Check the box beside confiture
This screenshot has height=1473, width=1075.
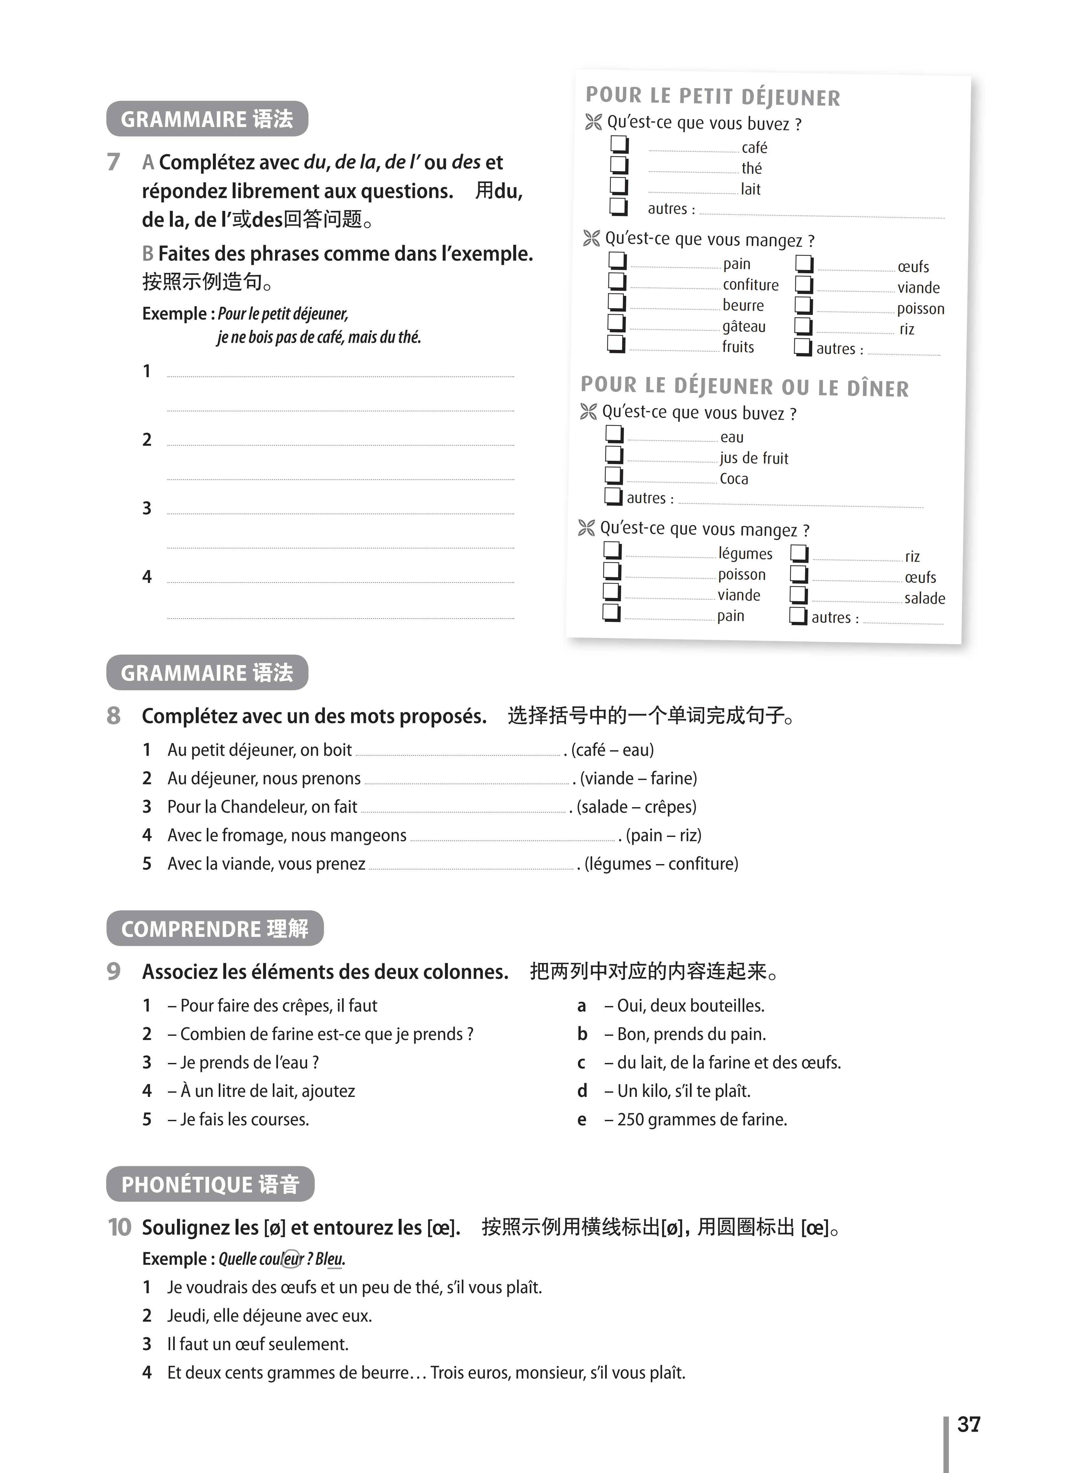tap(616, 282)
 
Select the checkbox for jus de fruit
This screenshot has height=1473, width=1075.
tap(614, 455)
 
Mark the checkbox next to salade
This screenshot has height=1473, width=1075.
tap(798, 595)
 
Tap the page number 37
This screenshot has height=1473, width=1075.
tap(968, 1424)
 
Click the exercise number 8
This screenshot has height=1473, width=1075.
tap(114, 715)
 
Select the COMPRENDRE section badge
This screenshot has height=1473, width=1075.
tap(215, 928)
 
